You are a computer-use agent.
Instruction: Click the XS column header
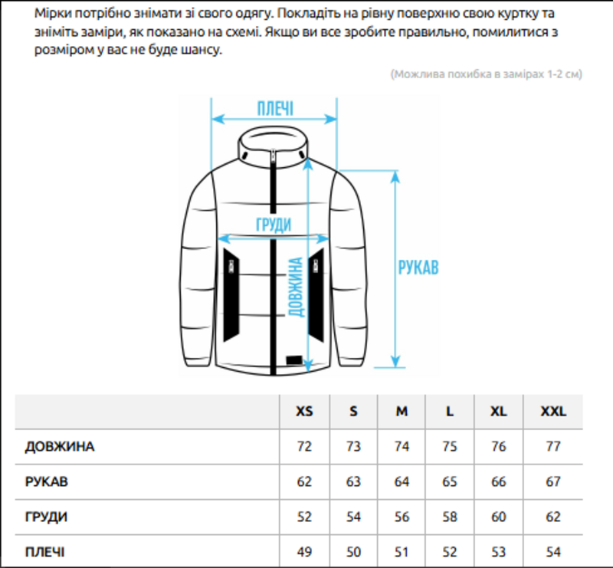[x=304, y=412]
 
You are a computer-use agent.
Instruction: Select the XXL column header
[x=553, y=412]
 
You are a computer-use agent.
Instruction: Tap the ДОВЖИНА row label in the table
[x=60, y=447]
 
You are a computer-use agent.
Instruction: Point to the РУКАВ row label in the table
[x=47, y=482]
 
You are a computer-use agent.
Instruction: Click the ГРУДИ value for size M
[x=402, y=517]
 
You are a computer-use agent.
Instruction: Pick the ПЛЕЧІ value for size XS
[x=304, y=552]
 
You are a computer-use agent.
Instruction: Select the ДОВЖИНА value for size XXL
[x=553, y=447]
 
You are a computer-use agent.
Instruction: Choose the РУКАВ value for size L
[x=450, y=482]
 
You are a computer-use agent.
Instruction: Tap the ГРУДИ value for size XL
[x=499, y=517]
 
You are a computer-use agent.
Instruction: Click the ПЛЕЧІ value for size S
[x=353, y=552]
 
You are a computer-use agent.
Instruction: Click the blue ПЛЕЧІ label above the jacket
[x=275, y=108]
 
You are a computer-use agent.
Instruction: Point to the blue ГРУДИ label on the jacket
[x=274, y=225]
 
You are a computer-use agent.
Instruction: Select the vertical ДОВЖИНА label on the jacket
[x=295, y=287]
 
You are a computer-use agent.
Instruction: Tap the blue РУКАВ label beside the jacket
[x=418, y=268]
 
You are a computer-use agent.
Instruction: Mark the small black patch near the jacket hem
[x=291, y=360]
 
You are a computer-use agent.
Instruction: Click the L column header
[x=450, y=412]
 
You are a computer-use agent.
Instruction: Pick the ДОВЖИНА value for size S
[x=353, y=447]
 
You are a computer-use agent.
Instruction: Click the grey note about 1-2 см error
[x=487, y=74]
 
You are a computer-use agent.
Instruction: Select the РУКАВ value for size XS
[x=304, y=482]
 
